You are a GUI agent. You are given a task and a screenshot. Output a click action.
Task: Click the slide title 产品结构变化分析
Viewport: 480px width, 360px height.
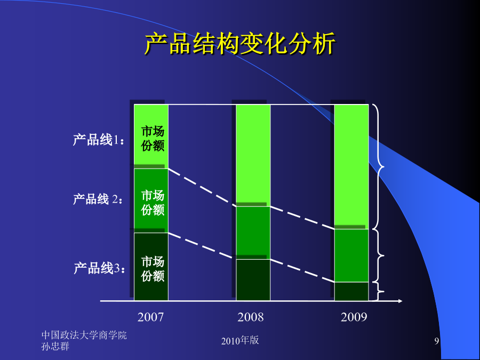[x=240, y=44]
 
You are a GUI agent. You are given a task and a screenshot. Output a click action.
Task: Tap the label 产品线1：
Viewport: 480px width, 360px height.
[x=99, y=140]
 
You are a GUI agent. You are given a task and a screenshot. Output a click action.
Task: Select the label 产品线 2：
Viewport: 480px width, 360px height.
[x=98, y=199]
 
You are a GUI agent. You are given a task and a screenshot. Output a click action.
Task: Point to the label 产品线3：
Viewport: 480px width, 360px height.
[x=100, y=268]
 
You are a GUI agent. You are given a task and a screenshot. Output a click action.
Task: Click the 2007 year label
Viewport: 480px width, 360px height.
[x=150, y=317]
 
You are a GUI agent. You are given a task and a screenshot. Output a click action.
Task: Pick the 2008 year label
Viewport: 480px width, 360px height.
[x=251, y=317]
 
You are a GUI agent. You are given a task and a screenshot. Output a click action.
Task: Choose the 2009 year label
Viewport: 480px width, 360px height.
[x=354, y=317]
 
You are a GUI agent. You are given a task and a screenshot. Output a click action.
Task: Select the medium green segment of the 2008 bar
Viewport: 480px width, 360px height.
[x=253, y=233]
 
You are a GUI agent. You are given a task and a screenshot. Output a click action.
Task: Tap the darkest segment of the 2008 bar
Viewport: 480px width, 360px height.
[x=253, y=280]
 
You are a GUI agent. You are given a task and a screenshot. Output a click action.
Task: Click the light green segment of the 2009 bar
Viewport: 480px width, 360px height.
[x=351, y=167]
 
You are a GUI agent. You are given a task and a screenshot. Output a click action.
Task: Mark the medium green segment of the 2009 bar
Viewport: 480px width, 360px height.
[x=351, y=255]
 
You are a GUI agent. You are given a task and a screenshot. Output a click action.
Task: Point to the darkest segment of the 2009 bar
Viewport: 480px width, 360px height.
[x=351, y=291]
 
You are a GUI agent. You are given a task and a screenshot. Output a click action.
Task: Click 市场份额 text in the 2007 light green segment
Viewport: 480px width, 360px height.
[x=153, y=139]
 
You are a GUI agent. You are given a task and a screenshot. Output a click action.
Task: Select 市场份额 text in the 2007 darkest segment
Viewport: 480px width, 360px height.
[x=153, y=269]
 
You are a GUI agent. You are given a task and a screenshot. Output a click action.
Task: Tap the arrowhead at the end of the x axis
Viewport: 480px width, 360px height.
[x=400, y=301]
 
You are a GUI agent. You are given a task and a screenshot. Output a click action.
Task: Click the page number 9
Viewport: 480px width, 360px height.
[x=436, y=341]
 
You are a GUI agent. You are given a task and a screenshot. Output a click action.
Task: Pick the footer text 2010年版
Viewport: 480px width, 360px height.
[x=240, y=340]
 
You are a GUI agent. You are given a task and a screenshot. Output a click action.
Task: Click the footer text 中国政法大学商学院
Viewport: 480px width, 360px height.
[x=84, y=335]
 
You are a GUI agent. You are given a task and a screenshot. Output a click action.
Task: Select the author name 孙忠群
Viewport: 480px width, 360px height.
[x=55, y=346]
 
